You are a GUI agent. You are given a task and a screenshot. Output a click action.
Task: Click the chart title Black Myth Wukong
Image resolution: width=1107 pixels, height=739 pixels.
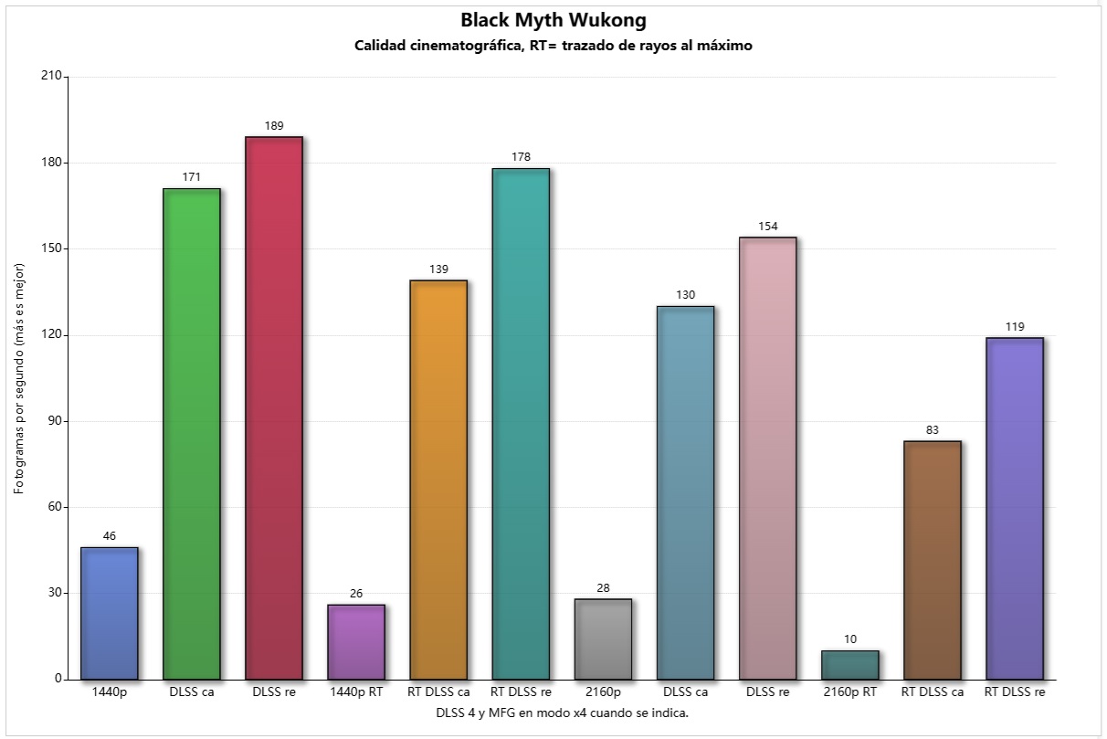(x=553, y=20)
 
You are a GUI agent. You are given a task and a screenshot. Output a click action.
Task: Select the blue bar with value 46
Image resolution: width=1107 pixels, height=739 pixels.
(x=110, y=613)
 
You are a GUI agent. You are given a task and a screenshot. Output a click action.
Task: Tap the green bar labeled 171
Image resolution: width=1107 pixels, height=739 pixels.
(x=192, y=434)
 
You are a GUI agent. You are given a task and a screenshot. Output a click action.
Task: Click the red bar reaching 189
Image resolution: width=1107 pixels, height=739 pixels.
(x=274, y=407)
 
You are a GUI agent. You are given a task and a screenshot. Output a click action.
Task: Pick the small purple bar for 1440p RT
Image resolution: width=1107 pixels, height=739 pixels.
(x=356, y=641)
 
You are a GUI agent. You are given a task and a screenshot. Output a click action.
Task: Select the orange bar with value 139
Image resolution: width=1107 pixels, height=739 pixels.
(x=438, y=480)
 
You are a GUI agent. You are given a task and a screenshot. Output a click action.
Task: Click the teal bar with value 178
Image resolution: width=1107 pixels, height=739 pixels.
(x=521, y=423)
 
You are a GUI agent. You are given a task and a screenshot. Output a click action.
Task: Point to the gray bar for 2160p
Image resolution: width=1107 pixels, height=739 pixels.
(x=603, y=639)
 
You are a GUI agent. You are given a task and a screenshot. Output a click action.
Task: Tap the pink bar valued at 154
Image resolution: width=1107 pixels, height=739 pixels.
(x=767, y=458)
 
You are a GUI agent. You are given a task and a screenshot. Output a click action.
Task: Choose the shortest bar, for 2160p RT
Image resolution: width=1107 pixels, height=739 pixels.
(x=849, y=665)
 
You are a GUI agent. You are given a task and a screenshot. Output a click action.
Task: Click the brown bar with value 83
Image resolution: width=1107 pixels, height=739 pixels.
(x=932, y=560)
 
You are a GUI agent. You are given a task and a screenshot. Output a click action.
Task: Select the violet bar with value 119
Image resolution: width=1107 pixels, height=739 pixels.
(x=1014, y=508)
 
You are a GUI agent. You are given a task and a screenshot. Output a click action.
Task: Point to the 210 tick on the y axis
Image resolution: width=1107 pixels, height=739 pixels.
(x=51, y=77)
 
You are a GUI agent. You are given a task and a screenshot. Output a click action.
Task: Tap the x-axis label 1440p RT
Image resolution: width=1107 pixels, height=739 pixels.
(x=356, y=692)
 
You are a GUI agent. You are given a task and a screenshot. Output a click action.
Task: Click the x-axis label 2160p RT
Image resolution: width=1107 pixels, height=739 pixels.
(x=849, y=692)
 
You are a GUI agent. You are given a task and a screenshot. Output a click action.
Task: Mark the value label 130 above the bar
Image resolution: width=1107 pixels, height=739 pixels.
(x=685, y=295)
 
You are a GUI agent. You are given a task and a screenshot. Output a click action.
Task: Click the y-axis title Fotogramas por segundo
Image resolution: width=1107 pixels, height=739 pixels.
(x=19, y=378)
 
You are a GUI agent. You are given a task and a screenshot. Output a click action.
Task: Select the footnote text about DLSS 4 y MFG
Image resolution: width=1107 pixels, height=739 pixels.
(x=561, y=713)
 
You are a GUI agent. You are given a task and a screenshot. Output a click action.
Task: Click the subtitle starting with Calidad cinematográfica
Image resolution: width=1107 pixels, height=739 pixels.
(x=553, y=46)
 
